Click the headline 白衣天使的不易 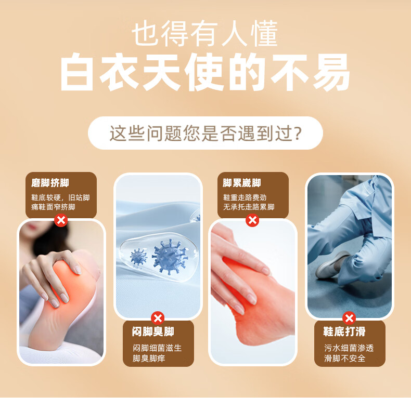point(205,72)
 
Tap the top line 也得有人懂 point(204,34)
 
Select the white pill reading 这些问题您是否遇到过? point(205,133)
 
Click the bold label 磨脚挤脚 point(50,183)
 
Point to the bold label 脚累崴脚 point(242,183)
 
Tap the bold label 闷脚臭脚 point(153,331)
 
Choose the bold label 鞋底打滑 point(344,331)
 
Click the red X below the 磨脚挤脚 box point(61,220)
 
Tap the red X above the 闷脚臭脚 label point(158,318)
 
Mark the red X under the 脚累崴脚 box point(252,220)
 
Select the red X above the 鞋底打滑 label point(349,318)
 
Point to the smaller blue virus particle point(138,257)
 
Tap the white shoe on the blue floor point(332,264)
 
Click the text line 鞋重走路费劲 point(245,197)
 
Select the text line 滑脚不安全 point(345,358)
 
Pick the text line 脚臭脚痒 point(149,358)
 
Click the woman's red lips point(31,226)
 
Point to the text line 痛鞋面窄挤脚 point(53,207)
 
